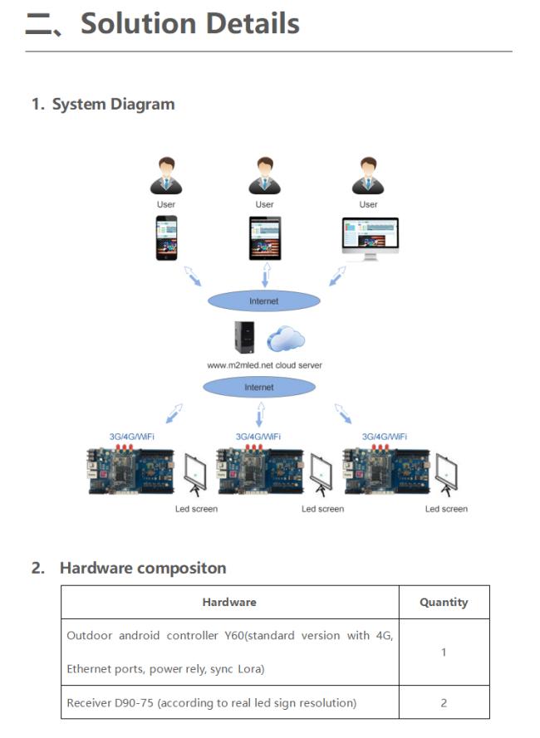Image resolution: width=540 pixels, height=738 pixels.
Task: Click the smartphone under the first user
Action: click(x=166, y=237)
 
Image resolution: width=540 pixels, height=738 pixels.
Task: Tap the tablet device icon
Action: click(x=265, y=238)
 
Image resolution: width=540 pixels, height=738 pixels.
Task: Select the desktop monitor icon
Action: click(x=370, y=238)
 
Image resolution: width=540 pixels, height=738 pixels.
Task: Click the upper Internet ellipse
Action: click(x=264, y=301)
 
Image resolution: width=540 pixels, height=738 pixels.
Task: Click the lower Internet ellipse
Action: click(x=259, y=387)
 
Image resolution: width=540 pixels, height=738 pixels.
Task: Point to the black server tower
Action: click(x=244, y=337)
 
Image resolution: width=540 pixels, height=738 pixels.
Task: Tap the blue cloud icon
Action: click(x=286, y=339)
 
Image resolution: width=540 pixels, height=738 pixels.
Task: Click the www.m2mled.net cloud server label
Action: click(x=264, y=365)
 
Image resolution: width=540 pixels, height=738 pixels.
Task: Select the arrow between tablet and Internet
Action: click(x=266, y=275)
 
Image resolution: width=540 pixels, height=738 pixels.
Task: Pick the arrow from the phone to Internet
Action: click(x=192, y=276)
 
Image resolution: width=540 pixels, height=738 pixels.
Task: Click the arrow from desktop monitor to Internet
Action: click(x=337, y=276)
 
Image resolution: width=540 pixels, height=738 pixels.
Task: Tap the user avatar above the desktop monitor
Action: click(x=368, y=175)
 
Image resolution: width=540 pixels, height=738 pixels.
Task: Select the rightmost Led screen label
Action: click(x=446, y=509)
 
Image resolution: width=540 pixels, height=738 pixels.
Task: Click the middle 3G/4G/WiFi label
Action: click(x=258, y=437)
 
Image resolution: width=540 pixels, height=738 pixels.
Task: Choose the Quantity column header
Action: click(x=444, y=602)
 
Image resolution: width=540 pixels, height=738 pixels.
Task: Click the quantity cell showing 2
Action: click(x=444, y=702)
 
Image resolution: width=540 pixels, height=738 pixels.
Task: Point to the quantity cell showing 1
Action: click(x=444, y=652)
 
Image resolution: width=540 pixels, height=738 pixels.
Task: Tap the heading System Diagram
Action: click(x=114, y=104)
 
